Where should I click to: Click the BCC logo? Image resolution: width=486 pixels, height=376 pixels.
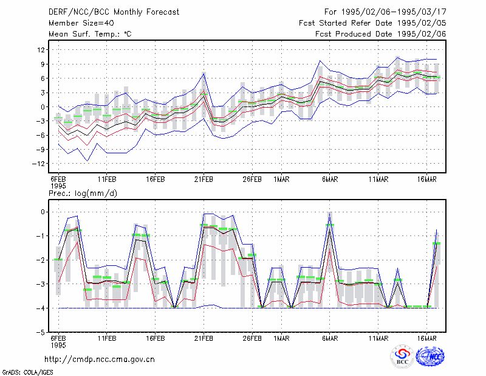coord(402,356)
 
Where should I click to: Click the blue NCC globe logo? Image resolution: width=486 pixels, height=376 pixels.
coord(430,357)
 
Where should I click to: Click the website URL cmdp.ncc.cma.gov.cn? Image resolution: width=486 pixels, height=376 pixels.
coord(100,360)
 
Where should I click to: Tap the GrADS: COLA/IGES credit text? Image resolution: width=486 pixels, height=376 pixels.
coord(27,372)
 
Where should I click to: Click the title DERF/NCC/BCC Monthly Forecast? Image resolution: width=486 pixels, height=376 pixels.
coord(114,12)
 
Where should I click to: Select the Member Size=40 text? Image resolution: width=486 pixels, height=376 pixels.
coord(81,23)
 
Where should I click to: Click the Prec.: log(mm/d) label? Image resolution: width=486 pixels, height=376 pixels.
coord(83,193)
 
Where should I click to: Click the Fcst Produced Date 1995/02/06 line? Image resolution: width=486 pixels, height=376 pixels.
coord(381,34)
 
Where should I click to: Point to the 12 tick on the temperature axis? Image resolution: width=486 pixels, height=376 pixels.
coord(41,50)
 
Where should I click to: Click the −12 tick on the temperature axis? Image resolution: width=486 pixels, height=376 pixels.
coord(39,164)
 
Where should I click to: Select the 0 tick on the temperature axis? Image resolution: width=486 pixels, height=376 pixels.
coord(43,107)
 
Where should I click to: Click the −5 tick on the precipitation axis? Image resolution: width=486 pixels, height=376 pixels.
coord(41,332)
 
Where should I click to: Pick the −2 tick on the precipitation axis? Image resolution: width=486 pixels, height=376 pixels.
coord(41,260)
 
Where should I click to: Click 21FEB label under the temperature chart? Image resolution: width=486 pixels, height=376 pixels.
coord(204,179)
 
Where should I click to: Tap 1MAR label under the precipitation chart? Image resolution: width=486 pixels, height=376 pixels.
coord(281,338)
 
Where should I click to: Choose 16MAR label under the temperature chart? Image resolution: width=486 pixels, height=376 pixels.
coord(427,179)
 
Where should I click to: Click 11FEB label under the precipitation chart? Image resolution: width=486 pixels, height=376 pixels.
coord(107,338)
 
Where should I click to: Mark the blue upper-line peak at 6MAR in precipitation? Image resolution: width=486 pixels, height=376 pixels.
coord(329,213)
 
